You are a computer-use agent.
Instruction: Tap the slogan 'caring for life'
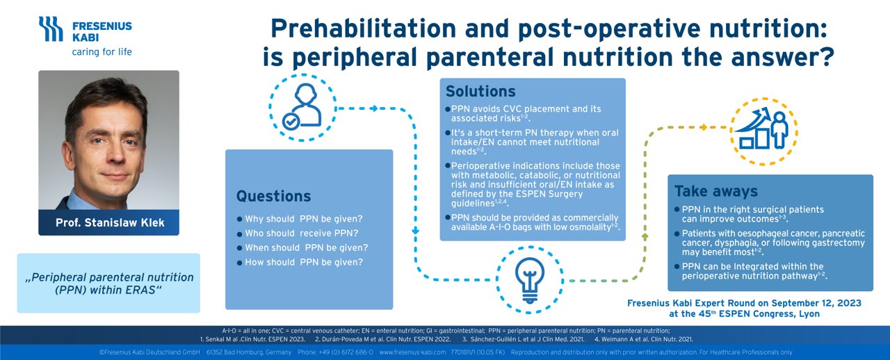[x=102, y=52]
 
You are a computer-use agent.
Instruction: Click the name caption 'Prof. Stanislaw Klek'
[x=108, y=223]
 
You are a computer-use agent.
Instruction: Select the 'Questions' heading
[x=273, y=196]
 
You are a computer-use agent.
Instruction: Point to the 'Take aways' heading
[x=715, y=191]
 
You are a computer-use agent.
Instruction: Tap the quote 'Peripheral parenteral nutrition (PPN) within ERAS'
[x=108, y=283]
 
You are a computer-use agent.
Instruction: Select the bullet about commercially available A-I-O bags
[x=533, y=222]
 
